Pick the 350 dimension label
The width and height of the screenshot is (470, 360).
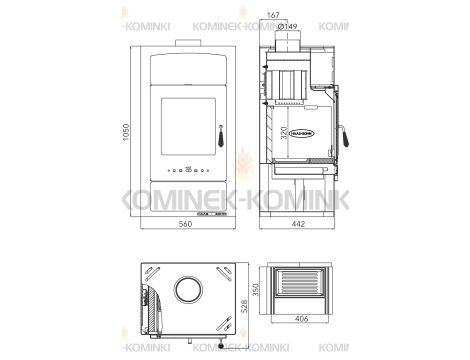pos(255,292)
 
